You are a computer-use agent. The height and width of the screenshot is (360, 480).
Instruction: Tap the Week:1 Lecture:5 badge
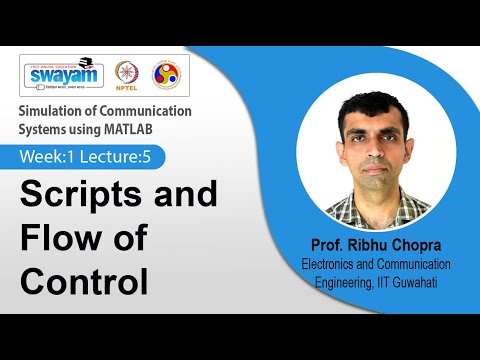[x=90, y=157]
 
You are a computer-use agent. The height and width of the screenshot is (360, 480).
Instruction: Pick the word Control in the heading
[x=85, y=282]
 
